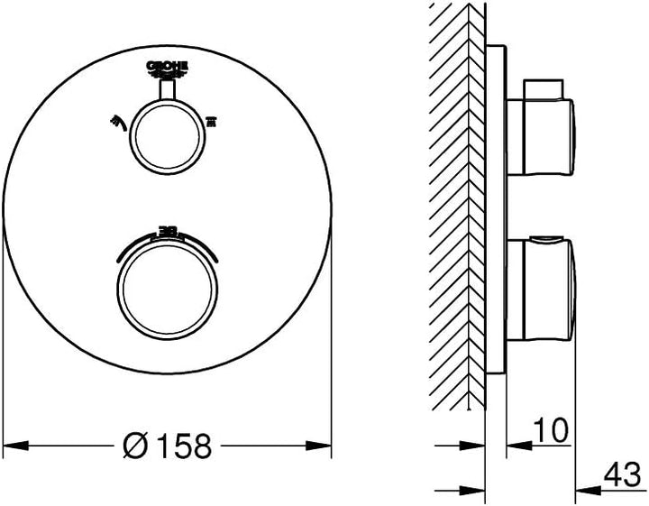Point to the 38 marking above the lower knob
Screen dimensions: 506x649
click(x=168, y=231)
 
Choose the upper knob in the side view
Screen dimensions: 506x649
click(x=541, y=135)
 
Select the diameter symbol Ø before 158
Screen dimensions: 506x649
click(x=136, y=445)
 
